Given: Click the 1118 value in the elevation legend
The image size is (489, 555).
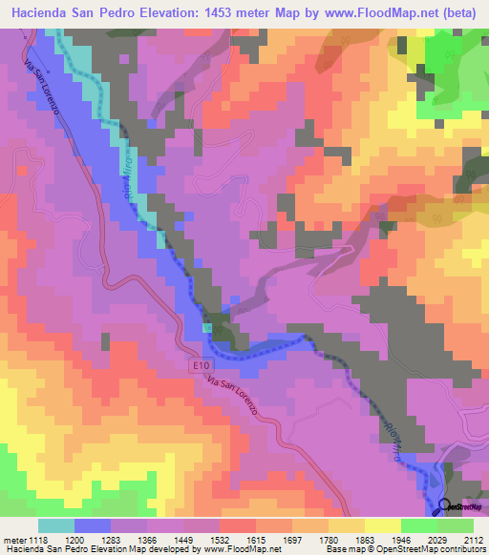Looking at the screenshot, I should click(x=34, y=538).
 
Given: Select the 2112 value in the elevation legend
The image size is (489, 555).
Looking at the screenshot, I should click(x=474, y=538).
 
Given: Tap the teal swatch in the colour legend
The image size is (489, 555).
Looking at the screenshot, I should click(x=55, y=525).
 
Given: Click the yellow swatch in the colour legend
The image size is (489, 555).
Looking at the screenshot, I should click(x=382, y=525).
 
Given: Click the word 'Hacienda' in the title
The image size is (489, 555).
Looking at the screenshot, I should click(x=44, y=12).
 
